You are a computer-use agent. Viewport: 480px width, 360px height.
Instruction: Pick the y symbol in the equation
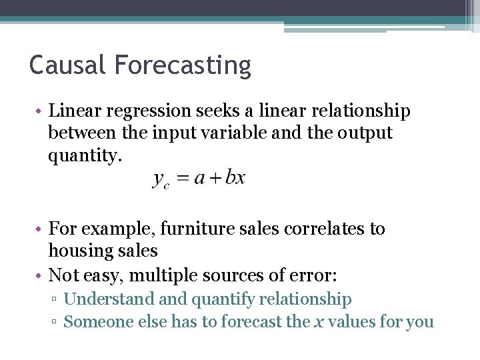(x=159, y=179)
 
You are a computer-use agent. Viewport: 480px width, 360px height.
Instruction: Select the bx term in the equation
(x=235, y=178)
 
